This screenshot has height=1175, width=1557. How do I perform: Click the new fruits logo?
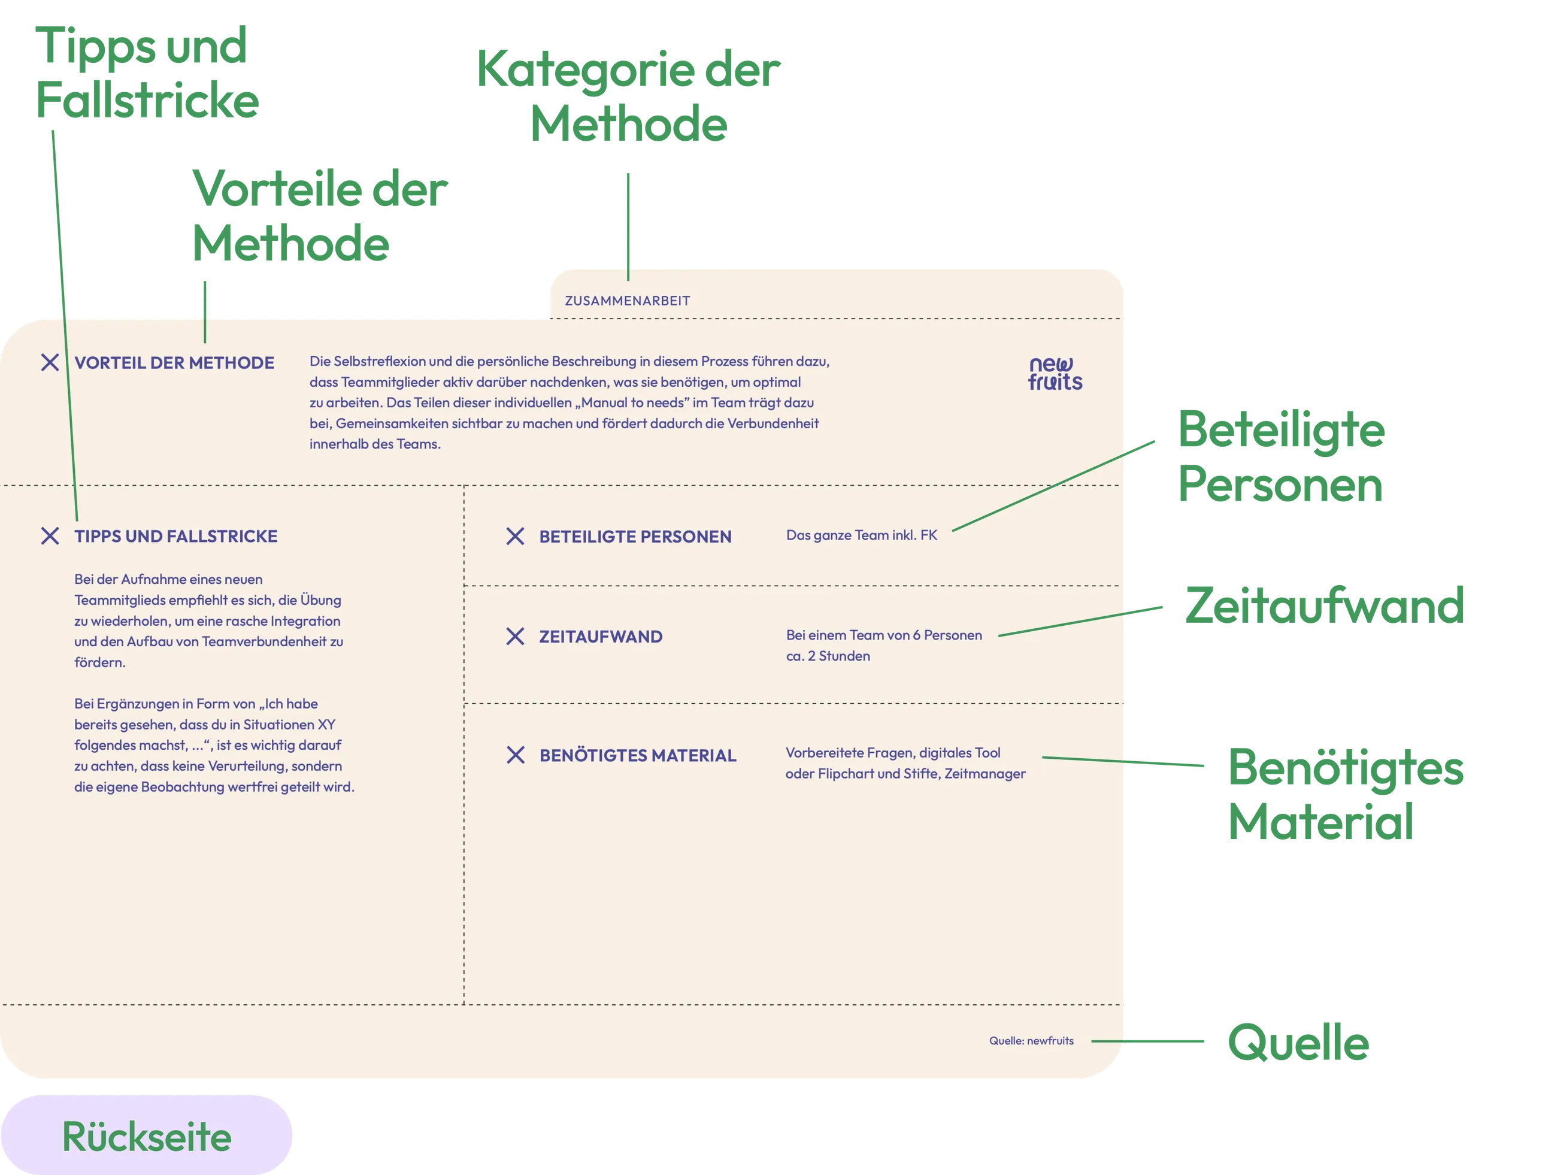point(1055,374)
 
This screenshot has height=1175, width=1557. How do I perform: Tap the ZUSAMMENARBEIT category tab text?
point(627,301)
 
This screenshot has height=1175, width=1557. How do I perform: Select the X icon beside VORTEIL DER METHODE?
point(50,362)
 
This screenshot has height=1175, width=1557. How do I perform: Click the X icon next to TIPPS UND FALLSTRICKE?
point(50,536)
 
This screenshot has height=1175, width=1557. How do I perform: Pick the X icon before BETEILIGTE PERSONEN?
point(515,537)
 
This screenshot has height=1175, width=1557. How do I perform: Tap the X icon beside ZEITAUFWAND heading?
point(515,637)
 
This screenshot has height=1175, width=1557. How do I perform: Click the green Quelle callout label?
point(1297,1042)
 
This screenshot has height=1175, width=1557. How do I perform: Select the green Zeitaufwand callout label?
point(1323,605)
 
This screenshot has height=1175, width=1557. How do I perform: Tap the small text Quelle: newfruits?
point(1031,1040)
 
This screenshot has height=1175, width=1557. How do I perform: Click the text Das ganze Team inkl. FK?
point(862,535)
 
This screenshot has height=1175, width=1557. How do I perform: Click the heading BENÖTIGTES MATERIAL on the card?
point(638,755)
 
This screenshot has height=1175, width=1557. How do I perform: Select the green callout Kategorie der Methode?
point(629,96)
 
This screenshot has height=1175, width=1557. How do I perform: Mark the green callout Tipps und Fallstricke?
point(146,72)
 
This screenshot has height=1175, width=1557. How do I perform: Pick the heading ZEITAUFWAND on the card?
point(601,637)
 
